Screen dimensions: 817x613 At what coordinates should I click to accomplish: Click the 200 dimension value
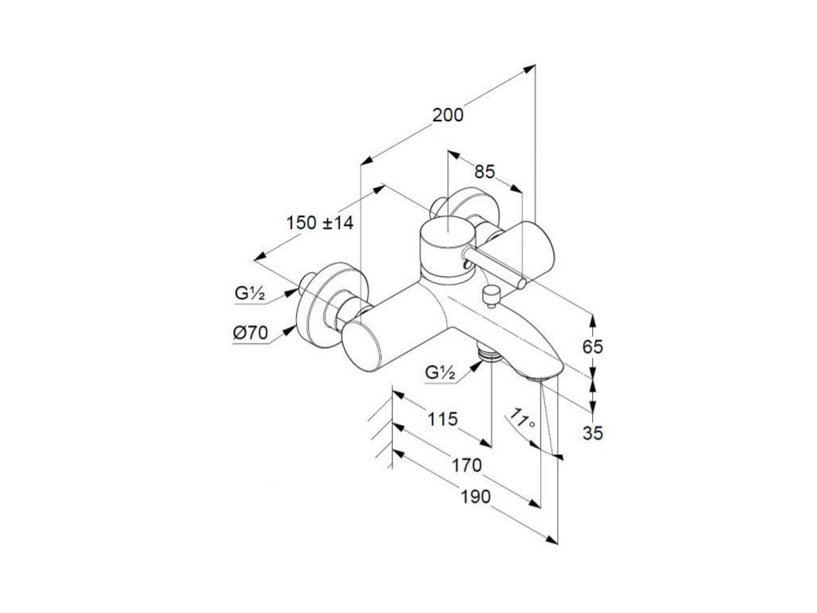(x=448, y=115)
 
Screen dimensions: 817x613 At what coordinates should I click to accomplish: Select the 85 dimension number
(x=484, y=171)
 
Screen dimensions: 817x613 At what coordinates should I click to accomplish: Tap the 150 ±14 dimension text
(x=319, y=223)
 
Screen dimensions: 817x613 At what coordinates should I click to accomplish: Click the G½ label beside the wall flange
(x=250, y=293)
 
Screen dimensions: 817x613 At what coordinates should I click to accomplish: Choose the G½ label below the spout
(x=440, y=373)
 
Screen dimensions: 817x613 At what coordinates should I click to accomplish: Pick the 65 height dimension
(x=592, y=346)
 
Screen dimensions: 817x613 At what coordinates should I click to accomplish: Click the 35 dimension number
(x=592, y=433)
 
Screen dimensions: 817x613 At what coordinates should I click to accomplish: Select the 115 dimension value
(x=440, y=419)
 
